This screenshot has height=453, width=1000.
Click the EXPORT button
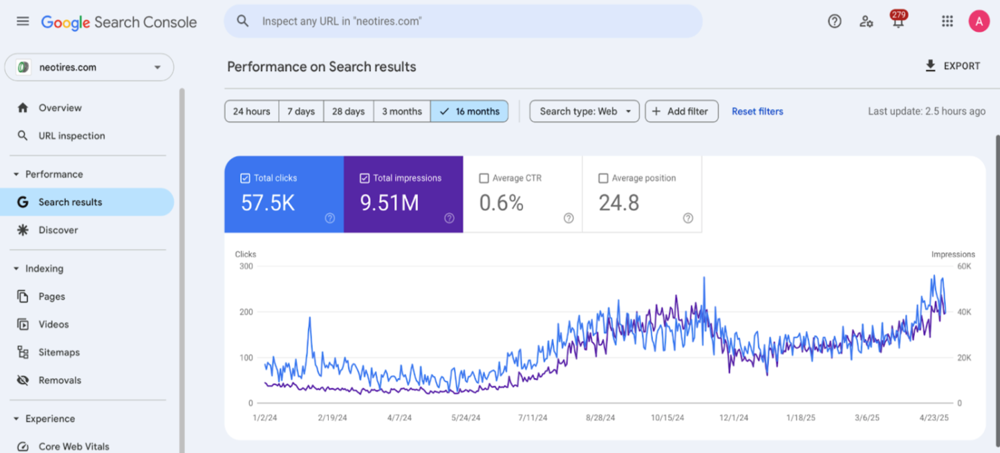tap(952, 66)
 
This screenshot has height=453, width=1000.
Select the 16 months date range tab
tap(470, 111)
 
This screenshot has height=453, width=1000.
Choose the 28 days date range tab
tap(348, 111)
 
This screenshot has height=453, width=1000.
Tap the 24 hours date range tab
tap(251, 111)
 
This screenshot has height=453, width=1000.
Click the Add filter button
tap(681, 111)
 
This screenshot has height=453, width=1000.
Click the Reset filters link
tap(757, 111)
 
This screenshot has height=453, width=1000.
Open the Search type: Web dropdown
tap(584, 111)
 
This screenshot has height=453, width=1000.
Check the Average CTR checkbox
tap(484, 178)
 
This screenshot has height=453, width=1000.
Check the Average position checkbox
tap(603, 178)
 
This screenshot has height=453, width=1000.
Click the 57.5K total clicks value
tap(268, 203)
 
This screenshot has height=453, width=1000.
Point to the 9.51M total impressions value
tap(389, 203)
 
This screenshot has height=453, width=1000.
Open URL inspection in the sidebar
tap(72, 135)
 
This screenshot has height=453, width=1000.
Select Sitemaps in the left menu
tap(59, 352)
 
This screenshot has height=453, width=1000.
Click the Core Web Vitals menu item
tap(74, 446)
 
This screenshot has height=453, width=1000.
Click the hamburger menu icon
tap(23, 21)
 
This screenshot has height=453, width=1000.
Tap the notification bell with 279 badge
tap(898, 21)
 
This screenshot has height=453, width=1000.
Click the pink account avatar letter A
tap(979, 21)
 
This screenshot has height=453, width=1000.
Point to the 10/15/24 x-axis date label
tap(667, 417)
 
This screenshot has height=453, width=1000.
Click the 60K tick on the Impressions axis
tap(963, 267)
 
